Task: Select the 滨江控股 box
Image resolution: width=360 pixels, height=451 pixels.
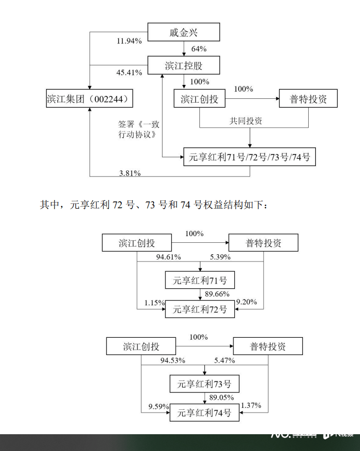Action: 183,65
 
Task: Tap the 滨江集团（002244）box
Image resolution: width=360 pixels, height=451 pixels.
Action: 90,99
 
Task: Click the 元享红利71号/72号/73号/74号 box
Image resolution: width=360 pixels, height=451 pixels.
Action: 250,157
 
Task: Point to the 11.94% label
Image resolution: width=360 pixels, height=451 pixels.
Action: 129,41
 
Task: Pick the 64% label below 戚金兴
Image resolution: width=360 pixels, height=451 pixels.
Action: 199,49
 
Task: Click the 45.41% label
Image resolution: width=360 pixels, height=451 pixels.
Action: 129,72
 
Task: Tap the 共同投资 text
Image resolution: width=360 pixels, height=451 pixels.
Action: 246,121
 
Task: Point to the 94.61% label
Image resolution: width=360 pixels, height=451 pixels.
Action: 168,257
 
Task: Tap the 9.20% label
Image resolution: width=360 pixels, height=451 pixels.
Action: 246,302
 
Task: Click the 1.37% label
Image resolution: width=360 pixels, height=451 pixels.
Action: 251,405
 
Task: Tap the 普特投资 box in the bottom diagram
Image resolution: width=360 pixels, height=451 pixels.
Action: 268,347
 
